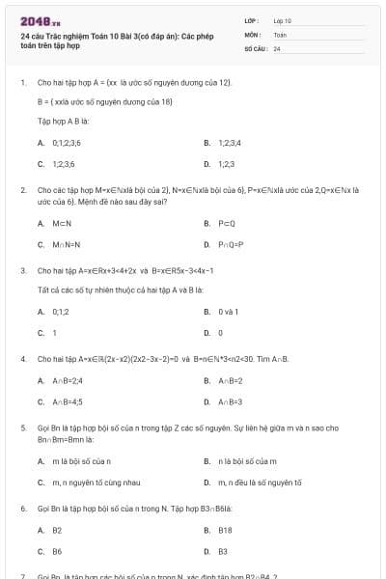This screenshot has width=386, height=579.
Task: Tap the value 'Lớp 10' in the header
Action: pos(282,19)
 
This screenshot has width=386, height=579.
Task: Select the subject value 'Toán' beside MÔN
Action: pos(280,34)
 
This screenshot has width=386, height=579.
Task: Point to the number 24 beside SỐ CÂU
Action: pos(277,48)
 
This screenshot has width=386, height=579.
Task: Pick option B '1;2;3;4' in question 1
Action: pos(228,142)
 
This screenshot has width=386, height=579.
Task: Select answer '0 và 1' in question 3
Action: pos(228,312)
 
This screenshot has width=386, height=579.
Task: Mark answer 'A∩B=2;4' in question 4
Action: pos(66,380)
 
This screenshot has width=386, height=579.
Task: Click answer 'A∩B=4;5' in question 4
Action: pos(67,401)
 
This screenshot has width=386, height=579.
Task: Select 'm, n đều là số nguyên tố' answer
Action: pos(260,482)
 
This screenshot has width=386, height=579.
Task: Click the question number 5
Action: pos(23,426)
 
